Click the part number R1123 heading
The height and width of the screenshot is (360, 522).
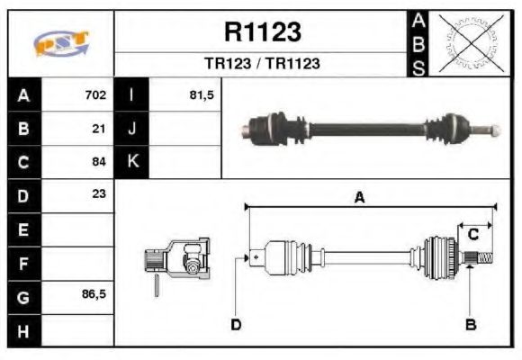point(262,32)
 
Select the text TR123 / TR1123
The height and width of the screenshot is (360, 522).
point(262,64)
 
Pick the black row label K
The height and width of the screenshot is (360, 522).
point(131,162)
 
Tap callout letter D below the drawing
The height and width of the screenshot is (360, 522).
point(236,324)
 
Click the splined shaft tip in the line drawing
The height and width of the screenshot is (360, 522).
point(482,260)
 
